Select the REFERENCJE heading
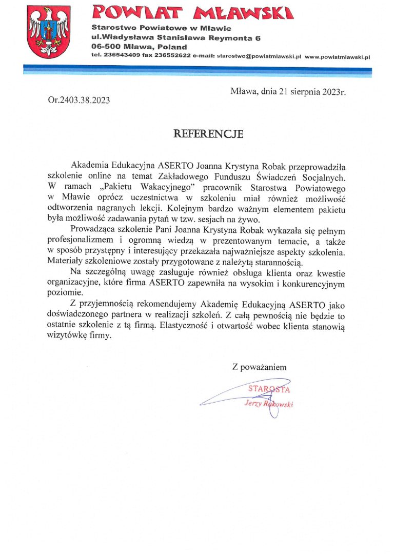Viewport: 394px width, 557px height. (208, 134)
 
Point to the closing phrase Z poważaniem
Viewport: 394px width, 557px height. (259, 367)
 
